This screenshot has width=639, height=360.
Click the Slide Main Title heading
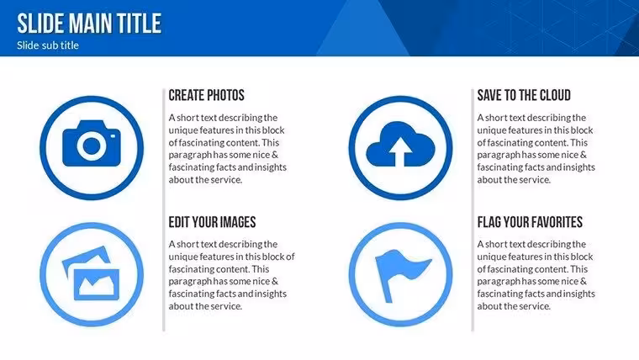click(x=89, y=24)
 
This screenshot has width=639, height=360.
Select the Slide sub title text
click(x=48, y=45)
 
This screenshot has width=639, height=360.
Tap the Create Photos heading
click(x=206, y=95)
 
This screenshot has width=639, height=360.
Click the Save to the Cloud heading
click(x=524, y=95)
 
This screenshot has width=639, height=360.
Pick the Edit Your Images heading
click(x=212, y=222)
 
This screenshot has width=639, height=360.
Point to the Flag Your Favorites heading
click(x=530, y=222)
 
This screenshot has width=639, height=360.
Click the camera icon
click(x=92, y=143)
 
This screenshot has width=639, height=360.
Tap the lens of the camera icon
click(x=92, y=146)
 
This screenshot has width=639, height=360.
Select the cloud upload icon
click(x=400, y=145)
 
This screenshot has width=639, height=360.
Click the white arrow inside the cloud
click(x=400, y=151)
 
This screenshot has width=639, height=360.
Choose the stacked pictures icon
click(x=91, y=273)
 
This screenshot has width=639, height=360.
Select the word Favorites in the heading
click(x=557, y=222)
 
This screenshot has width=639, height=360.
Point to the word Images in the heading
click(x=236, y=222)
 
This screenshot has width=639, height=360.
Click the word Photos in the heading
click(x=225, y=95)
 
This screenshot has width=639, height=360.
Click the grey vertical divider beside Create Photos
click(x=164, y=210)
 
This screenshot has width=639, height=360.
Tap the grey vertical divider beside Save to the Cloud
click(x=473, y=210)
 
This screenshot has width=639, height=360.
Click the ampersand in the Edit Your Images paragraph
click(x=275, y=281)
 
